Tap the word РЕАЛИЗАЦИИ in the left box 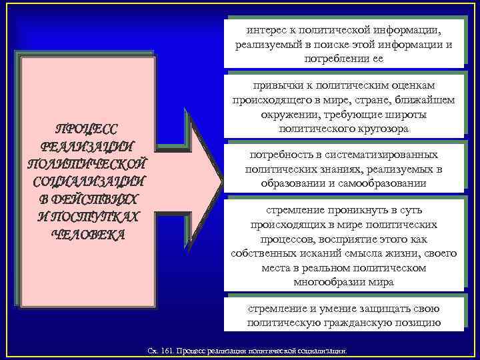coord(86,147)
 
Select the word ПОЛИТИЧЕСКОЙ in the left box coord(86,164)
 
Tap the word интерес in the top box coord(264,30)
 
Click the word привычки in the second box coord(274,86)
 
